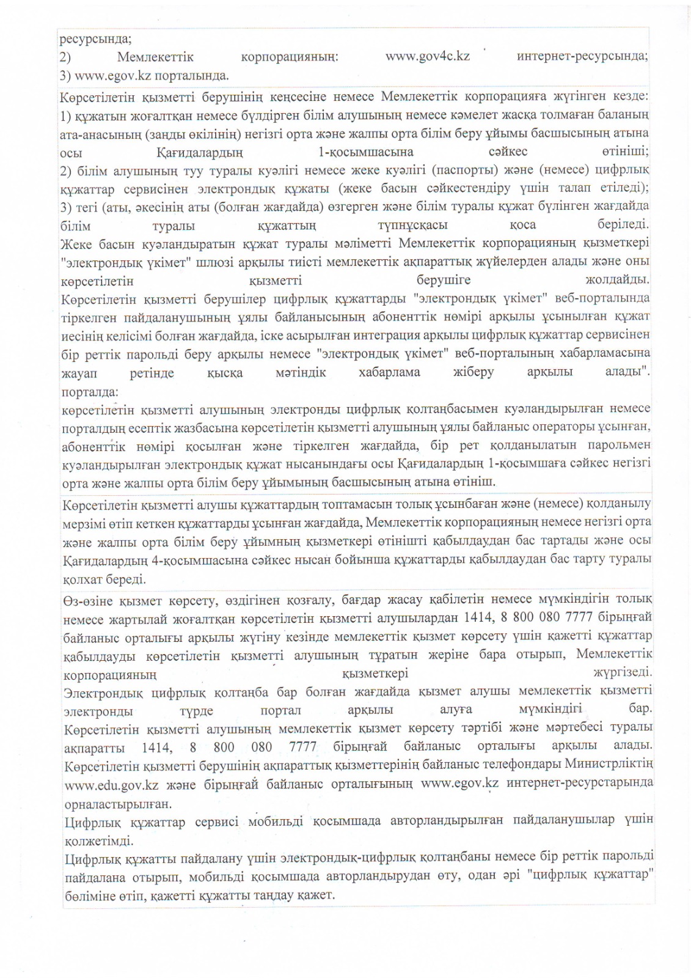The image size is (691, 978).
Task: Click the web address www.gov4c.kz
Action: click(427, 56)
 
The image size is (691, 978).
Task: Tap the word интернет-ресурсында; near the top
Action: click(582, 56)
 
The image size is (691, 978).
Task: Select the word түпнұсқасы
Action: click(412, 226)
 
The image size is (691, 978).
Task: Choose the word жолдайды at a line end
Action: click(617, 280)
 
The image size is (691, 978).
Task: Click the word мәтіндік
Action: click(300, 372)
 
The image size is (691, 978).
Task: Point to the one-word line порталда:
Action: click(90, 391)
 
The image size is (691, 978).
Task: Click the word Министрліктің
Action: click(609, 763)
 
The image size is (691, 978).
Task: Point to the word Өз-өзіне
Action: click(87, 601)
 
